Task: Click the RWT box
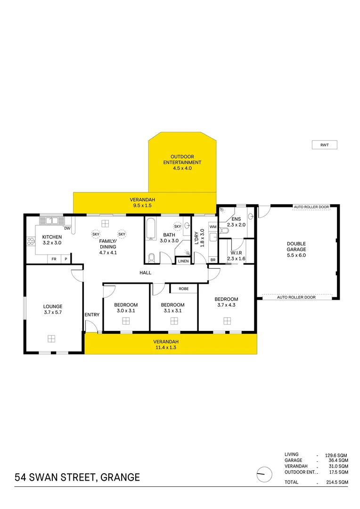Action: (324, 145)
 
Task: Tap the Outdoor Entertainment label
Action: (182, 162)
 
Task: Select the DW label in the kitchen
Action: (67, 229)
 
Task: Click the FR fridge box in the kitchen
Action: (54, 259)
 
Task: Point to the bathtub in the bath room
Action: (151, 228)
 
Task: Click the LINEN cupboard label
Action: (183, 261)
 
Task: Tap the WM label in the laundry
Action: (213, 227)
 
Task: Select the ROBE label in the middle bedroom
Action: (184, 288)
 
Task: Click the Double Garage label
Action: (296, 246)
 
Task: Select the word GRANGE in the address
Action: (120, 477)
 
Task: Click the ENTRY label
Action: (92, 314)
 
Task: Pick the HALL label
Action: (145, 273)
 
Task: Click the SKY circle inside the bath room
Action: (178, 226)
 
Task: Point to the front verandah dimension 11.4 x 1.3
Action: (166, 348)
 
